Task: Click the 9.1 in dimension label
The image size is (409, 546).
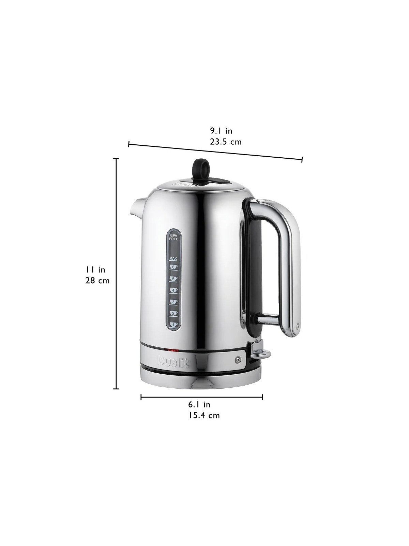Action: [221, 131]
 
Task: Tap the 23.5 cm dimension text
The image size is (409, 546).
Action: [225, 142]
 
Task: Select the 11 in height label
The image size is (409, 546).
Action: [96, 270]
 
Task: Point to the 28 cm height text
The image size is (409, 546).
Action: [97, 281]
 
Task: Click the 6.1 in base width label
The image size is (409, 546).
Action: [199, 405]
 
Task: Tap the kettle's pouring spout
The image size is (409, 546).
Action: [136, 207]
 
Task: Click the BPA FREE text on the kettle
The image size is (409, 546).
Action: [174, 238]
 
